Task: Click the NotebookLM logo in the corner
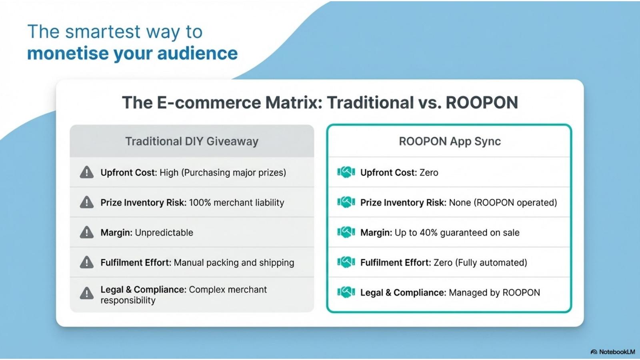pyautogui.click(x=594, y=352)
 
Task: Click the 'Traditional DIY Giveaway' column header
pyautogui.click(x=192, y=142)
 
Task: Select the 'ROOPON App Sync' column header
pyautogui.click(x=450, y=142)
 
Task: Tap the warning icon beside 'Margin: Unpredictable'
pyautogui.click(x=86, y=232)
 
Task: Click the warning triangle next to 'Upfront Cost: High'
pyautogui.click(x=86, y=172)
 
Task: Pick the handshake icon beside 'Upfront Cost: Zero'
pyautogui.click(x=346, y=172)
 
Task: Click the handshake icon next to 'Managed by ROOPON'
pyautogui.click(x=346, y=292)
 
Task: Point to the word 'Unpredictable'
pyautogui.click(x=164, y=232)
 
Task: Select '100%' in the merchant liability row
pyautogui.click(x=200, y=202)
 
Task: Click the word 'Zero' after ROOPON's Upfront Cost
pyautogui.click(x=428, y=172)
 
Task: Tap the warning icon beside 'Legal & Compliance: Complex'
pyautogui.click(x=86, y=293)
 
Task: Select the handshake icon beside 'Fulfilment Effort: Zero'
pyautogui.click(x=346, y=262)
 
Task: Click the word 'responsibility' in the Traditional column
pyautogui.click(x=128, y=300)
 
